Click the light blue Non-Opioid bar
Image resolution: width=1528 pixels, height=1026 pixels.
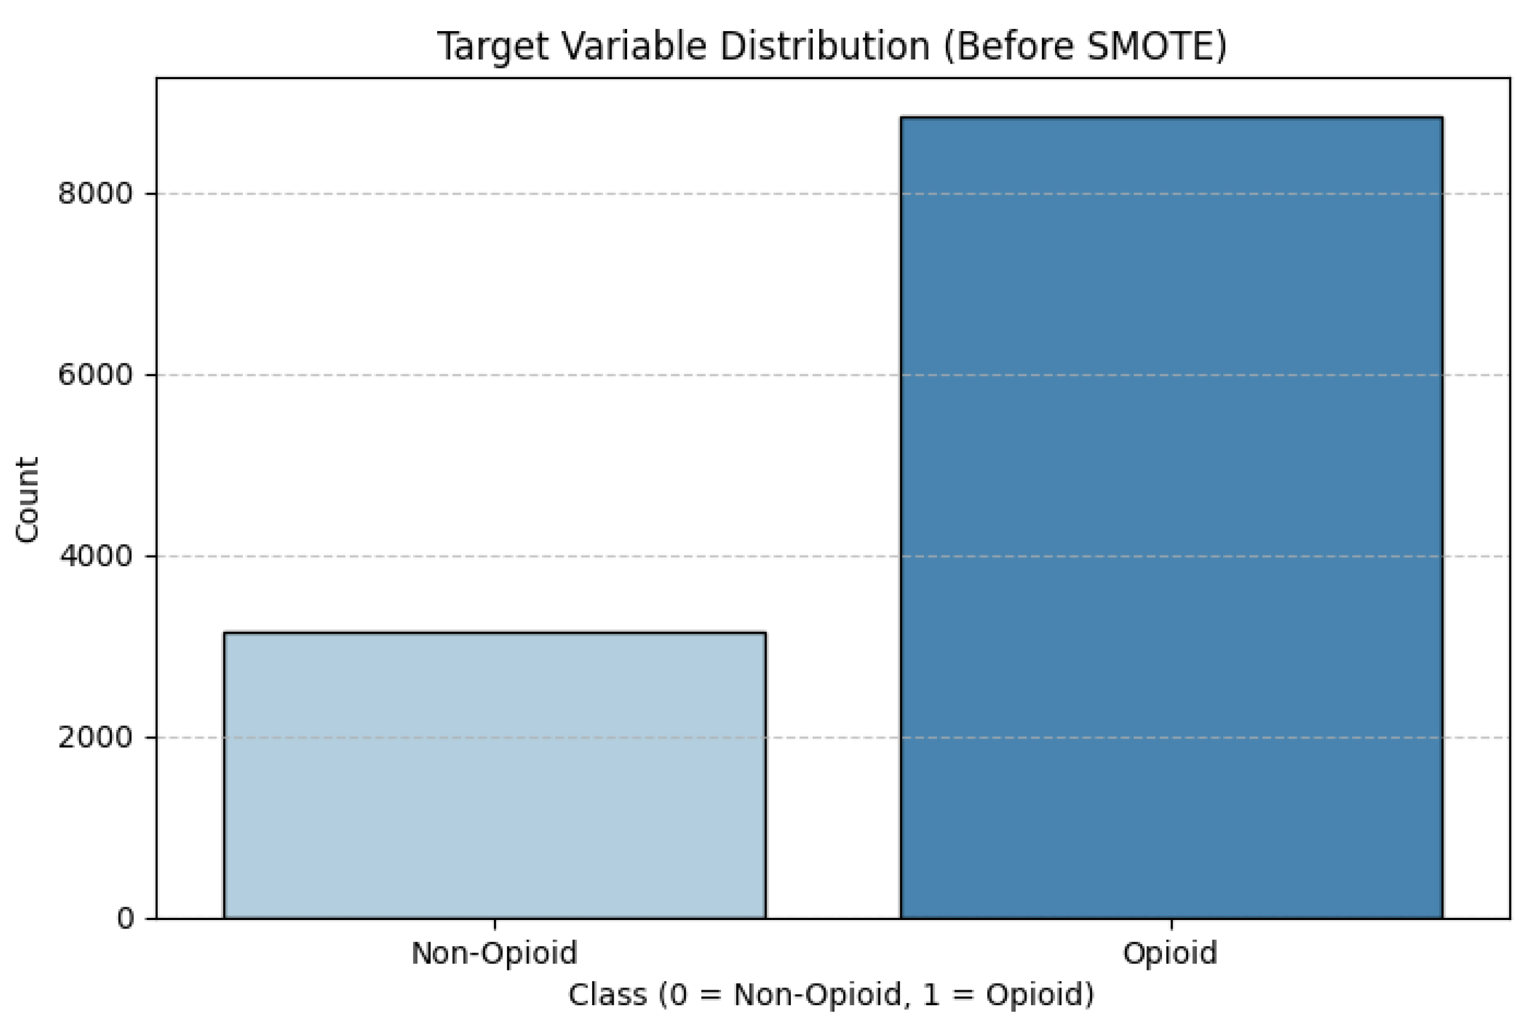pos(494,776)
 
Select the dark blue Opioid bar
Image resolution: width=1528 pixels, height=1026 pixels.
pos(1171,517)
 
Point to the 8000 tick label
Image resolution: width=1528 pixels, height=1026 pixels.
pos(95,194)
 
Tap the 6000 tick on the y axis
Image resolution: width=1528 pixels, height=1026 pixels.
pos(95,375)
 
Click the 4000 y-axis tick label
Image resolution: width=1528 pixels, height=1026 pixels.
pos(95,556)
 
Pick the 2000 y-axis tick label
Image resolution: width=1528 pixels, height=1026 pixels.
pos(95,738)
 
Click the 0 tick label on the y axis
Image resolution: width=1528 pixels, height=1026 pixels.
pos(125,918)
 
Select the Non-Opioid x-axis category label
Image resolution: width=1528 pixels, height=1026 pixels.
pos(494,953)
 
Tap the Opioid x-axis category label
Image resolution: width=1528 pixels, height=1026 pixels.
pos(1170,953)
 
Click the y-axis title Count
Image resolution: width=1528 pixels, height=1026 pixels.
pos(27,500)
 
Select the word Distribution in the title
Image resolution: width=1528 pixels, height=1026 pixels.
pos(824,47)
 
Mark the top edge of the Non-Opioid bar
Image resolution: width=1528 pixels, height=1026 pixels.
pos(494,633)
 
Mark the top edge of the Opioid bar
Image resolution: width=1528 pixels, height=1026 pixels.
pos(1171,118)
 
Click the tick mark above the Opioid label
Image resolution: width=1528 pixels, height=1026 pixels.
pos(1171,924)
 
